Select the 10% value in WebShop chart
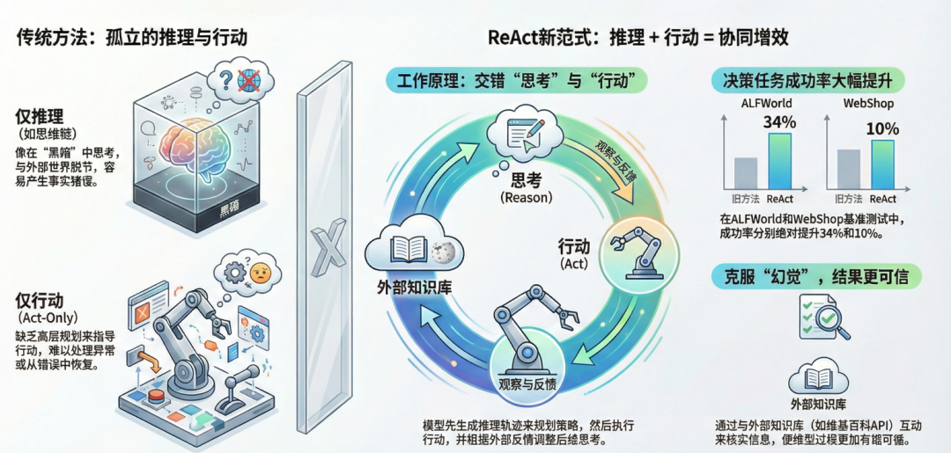[x=882, y=128]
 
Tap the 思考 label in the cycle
[x=526, y=180]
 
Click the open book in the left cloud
[x=408, y=248]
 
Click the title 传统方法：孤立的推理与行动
[x=132, y=37]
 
